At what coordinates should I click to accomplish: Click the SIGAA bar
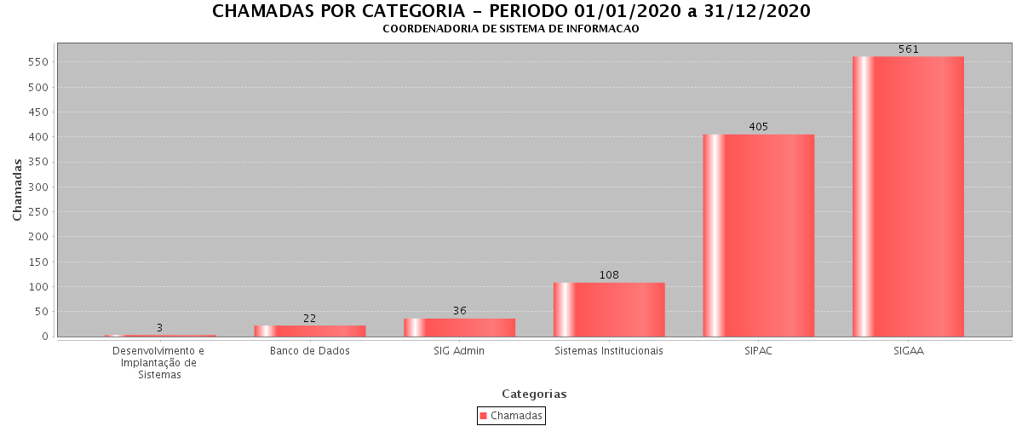908,196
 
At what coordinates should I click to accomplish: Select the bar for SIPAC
758,235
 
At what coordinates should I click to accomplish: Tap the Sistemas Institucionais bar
609,309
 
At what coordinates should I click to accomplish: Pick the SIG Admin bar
459,327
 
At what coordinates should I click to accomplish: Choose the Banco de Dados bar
309,331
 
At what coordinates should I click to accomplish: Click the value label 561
909,49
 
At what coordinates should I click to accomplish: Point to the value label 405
759,127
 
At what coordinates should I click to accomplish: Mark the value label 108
609,275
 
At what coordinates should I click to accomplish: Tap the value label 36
460,311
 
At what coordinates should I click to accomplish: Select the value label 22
310,319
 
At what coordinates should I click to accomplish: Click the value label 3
159,328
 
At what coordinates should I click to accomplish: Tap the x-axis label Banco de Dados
310,351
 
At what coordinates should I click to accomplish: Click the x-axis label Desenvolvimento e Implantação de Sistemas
159,362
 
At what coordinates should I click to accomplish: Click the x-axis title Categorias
534,394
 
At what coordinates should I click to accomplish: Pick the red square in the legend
484,416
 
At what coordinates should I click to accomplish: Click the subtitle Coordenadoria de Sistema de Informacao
511,29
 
